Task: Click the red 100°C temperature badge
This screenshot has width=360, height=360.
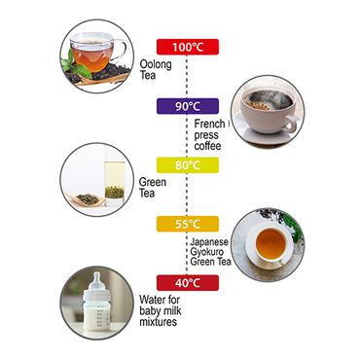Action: [x=188, y=47]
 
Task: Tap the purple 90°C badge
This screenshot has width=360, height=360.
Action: [x=188, y=106]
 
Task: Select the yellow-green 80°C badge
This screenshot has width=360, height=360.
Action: [x=188, y=165]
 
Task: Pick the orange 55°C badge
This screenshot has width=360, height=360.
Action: [x=188, y=224]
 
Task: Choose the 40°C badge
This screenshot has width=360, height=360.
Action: [x=188, y=283]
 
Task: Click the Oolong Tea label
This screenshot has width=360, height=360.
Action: [x=156, y=69]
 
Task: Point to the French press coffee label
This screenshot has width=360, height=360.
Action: [x=209, y=134]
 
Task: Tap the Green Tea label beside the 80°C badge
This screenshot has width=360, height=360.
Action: [x=153, y=188]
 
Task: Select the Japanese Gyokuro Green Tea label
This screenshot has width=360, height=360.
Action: [x=210, y=252]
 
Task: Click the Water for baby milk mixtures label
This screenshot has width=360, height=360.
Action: [x=161, y=310]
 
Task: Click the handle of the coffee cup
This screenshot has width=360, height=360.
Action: [x=290, y=124]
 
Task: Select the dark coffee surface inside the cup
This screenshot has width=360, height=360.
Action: [x=269, y=100]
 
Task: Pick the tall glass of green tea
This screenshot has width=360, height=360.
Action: [x=115, y=184]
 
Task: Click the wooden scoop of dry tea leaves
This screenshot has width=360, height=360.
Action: [x=87, y=199]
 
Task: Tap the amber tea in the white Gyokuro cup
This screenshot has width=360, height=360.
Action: [x=270, y=243]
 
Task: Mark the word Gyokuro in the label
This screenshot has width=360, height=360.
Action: [x=207, y=252]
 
